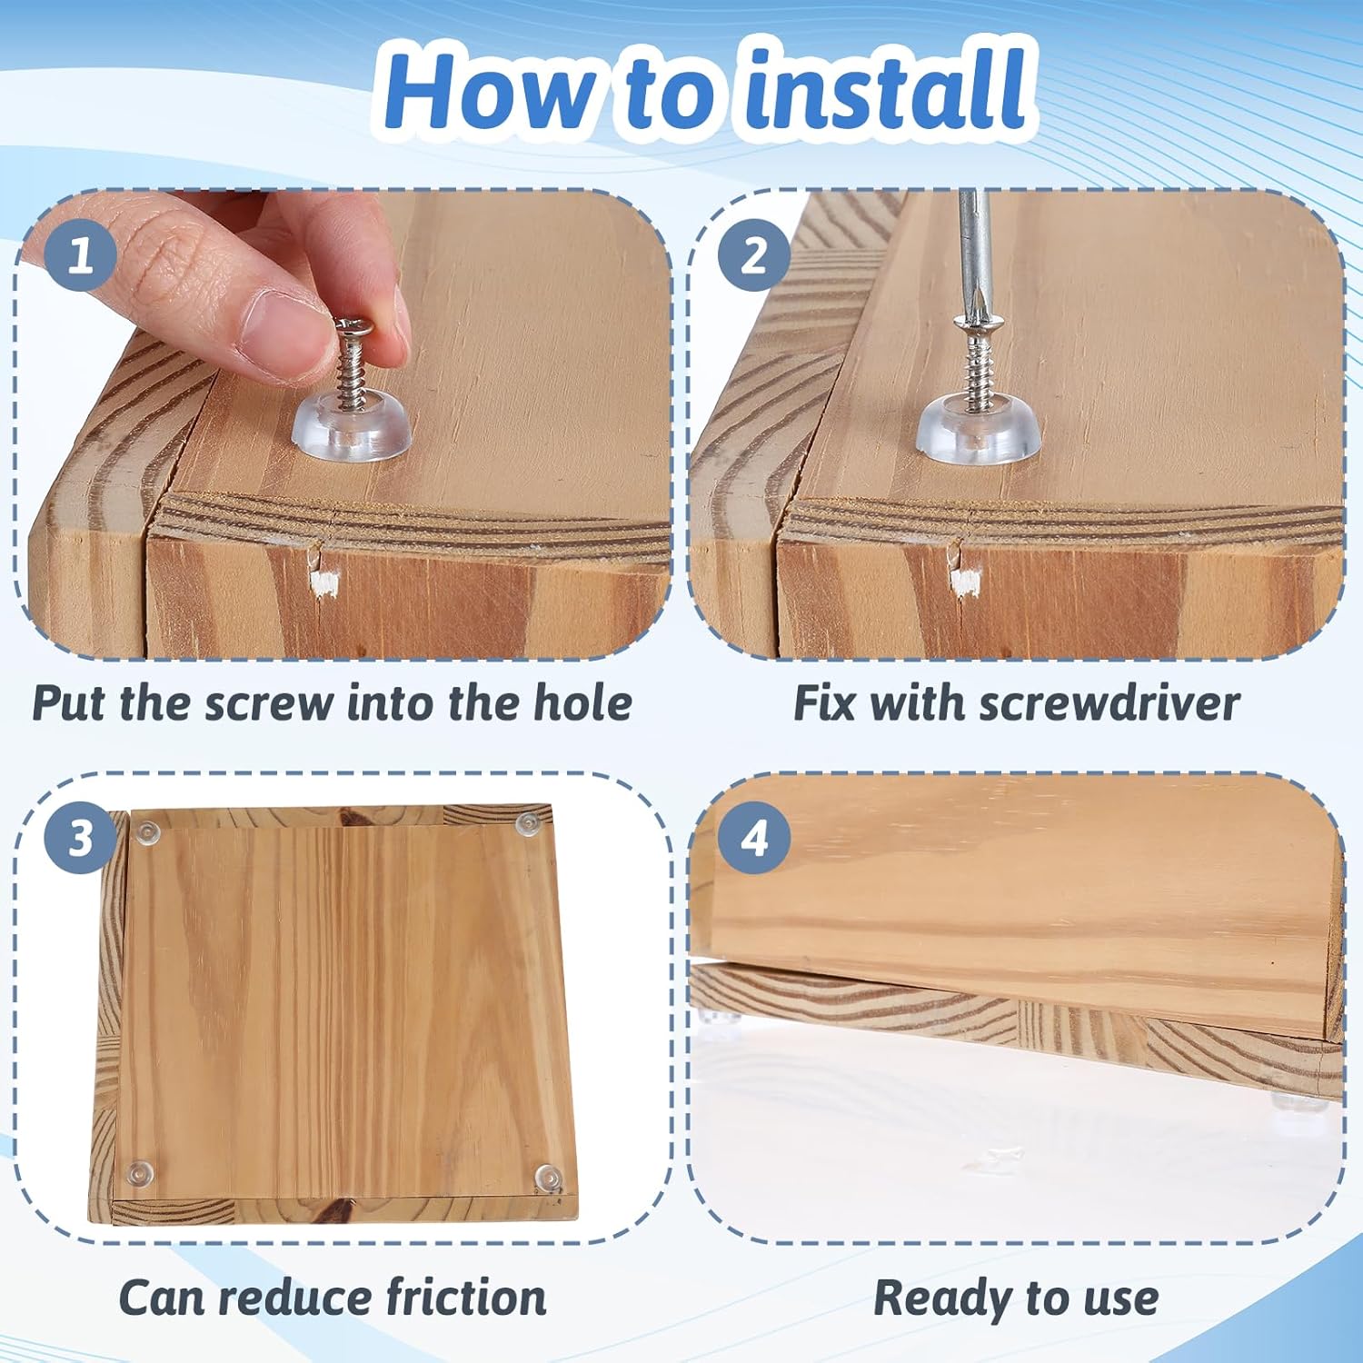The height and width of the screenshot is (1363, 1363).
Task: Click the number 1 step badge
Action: pos(80,255)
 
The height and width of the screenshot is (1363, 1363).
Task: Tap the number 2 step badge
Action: pos(753,255)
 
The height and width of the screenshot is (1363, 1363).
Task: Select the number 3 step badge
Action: pos(80,838)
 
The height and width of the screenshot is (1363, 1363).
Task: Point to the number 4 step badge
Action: pos(753,838)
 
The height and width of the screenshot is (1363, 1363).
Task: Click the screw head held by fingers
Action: pos(355,325)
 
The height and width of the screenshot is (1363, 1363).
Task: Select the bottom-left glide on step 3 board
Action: pos(139,1173)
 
